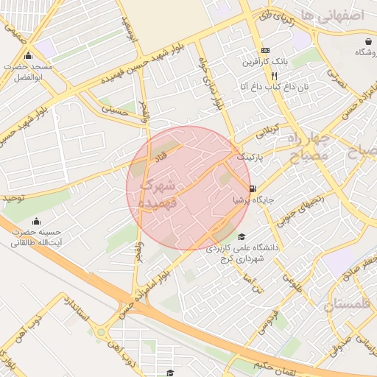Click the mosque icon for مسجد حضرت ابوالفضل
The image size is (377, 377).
point(28,56)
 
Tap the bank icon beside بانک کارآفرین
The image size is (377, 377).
point(266,51)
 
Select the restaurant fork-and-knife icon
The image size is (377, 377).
point(274,75)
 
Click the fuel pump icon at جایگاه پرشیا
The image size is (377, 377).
point(253,188)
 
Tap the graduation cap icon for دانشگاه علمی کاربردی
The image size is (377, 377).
point(242,236)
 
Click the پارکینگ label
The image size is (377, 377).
point(249,158)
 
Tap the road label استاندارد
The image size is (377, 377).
point(76,311)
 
